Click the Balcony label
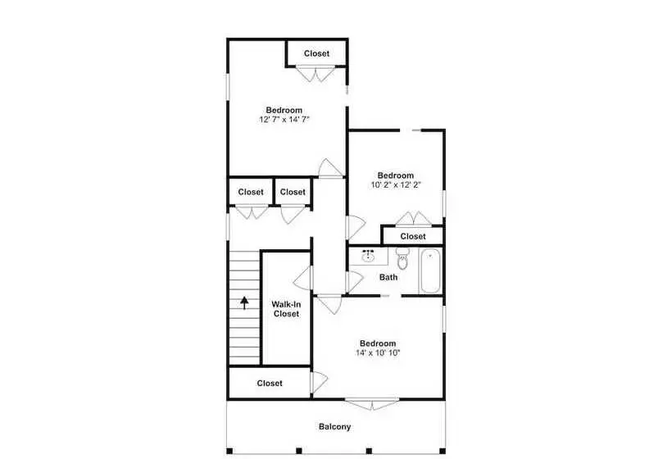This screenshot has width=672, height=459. pyautogui.click(x=334, y=426)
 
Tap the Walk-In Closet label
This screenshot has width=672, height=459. pyautogui.click(x=285, y=308)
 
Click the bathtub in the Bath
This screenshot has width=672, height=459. pyautogui.click(x=431, y=272)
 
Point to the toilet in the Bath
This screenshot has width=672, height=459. pyautogui.click(x=402, y=261)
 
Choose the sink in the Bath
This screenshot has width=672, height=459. pyautogui.click(x=369, y=257)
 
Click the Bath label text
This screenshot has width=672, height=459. pyautogui.click(x=388, y=277)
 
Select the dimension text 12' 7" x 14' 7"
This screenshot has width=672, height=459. pyautogui.click(x=284, y=120)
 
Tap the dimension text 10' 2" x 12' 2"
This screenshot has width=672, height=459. pyautogui.click(x=395, y=185)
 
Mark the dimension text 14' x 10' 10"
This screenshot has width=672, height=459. pyautogui.click(x=377, y=353)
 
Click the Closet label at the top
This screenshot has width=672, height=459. pyautogui.click(x=316, y=54)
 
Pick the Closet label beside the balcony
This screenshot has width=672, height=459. pyautogui.click(x=270, y=383)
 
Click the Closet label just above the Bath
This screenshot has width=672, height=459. pyautogui.click(x=413, y=236)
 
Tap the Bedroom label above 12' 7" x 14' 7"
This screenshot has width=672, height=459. pyautogui.click(x=284, y=110)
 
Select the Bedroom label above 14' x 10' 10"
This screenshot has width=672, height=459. pyautogui.click(x=377, y=343)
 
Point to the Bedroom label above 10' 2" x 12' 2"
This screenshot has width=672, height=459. pyautogui.click(x=395, y=175)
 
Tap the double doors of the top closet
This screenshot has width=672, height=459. pyautogui.click(x=316, y=74)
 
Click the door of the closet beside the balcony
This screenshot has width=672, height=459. pyautogui.click(x=318, y=382)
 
